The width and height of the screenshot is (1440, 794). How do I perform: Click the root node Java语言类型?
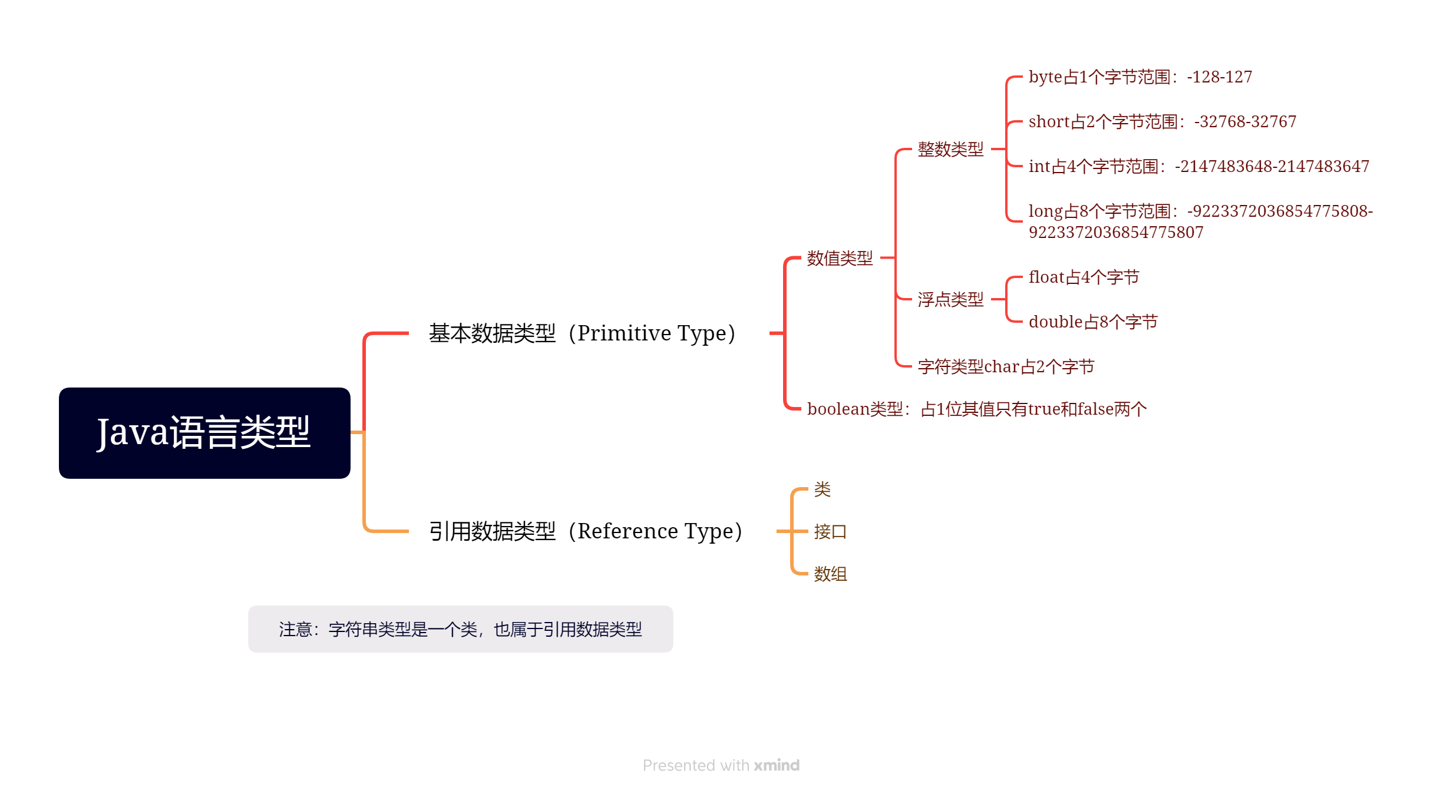point(204,433)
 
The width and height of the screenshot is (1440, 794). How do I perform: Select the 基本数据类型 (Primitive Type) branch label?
point(582,333)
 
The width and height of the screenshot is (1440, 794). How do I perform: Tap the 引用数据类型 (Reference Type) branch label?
point(585,531)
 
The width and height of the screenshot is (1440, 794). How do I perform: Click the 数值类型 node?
point(840,258)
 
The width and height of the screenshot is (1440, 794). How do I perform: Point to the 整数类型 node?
point(950,149)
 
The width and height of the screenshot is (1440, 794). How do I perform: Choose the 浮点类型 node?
point(950,299)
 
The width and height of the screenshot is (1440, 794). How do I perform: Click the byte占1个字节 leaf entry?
point(1140,77)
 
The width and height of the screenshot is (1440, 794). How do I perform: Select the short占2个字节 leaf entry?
point(1162,122)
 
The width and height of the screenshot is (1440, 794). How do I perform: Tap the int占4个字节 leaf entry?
point(1198,167)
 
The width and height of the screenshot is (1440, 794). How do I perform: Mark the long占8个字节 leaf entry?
point(1200,221)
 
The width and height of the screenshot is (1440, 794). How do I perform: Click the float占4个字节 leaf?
point(1084,277)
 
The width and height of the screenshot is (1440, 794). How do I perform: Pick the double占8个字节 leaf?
point(1093,322)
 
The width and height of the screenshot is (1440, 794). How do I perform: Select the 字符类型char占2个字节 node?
point(1006,366)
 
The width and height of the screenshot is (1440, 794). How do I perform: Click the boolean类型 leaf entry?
point(976,409)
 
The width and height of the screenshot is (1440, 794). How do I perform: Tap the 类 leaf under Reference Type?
point(822,489)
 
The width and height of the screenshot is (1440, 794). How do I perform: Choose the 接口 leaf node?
point(830,531)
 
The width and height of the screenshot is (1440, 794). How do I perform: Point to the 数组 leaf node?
point(830,574)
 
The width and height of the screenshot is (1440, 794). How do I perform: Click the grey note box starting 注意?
point(460,629)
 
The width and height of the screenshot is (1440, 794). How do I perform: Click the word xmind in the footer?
point(777,765)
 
